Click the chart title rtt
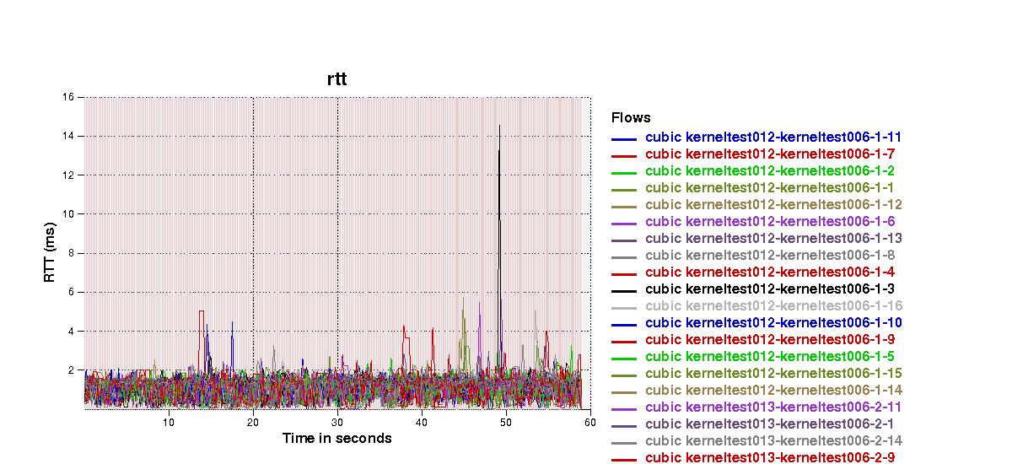[x=336, y=79]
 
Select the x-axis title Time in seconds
[x=336, y=438]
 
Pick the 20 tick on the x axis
[x=253, y=422]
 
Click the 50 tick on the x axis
[x=505, y=422]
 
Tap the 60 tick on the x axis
[x=589, y=422]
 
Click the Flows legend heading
[x=631, y=117]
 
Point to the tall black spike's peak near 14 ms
[x=499, y=127]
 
